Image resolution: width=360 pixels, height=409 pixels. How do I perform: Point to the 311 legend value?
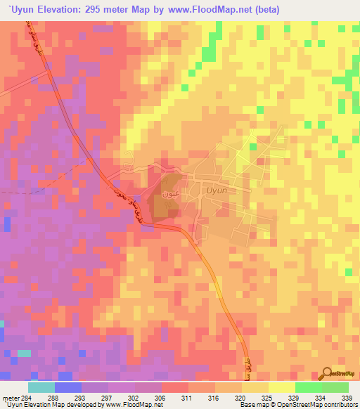188,397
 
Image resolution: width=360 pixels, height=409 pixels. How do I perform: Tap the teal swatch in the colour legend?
41,387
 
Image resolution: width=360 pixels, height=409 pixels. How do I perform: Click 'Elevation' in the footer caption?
40,405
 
